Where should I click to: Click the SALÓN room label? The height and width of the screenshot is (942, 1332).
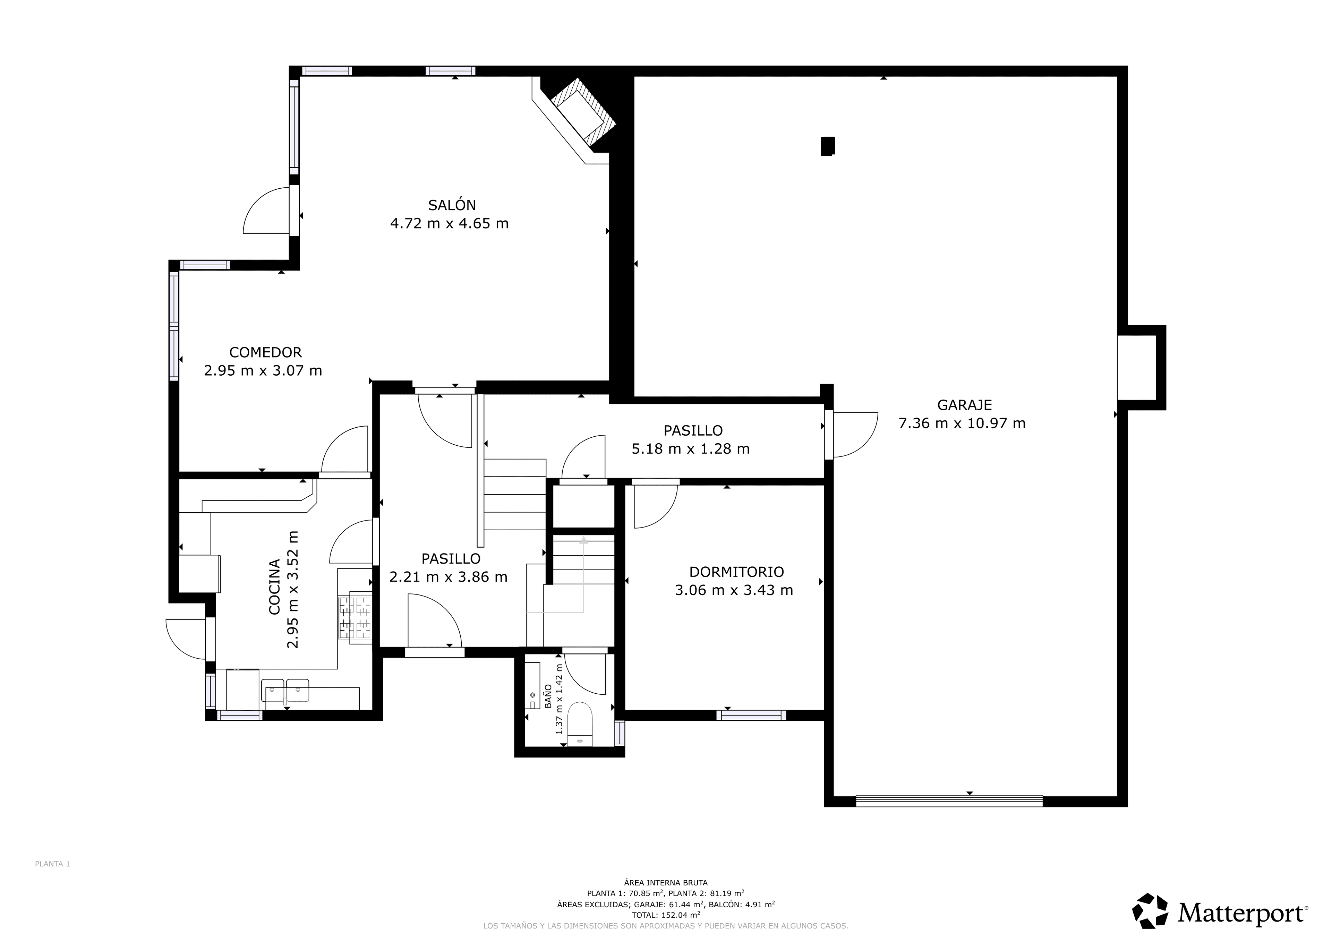(452, 205)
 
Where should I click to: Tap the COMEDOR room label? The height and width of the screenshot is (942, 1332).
(266, 352)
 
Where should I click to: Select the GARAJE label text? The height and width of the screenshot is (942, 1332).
(964, 405)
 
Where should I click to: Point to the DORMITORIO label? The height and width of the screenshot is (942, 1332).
(736, 572)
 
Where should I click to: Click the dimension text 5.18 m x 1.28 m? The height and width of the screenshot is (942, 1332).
(690, 449)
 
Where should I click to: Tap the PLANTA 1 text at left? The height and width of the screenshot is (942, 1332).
(52, 864)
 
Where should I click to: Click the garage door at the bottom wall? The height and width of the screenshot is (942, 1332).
(949, 801)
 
